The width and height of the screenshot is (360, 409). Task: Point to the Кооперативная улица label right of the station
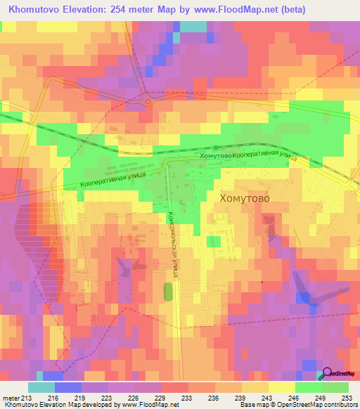[264, 156]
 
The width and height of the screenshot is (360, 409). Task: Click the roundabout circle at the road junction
[148, 102]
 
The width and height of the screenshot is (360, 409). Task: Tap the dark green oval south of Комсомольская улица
[168, 291]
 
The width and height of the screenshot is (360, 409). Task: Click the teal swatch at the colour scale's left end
[41, 387]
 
